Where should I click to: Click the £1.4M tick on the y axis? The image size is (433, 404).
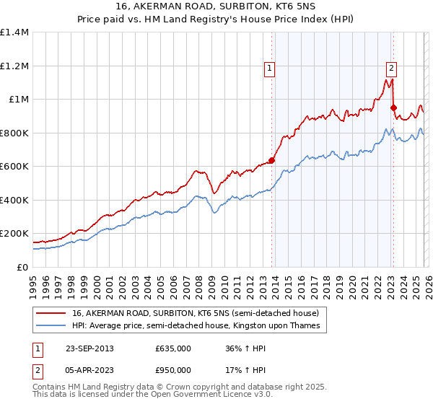click(x=14, y=32)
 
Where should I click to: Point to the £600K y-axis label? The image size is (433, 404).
click(x=14, y=166)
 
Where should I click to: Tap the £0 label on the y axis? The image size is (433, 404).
click(x=22, y=267)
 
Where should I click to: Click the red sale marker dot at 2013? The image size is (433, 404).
click(x=271, y=161)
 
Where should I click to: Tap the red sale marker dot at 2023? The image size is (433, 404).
click(x=393, y=108)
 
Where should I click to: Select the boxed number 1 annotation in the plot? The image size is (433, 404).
click(x=269, y=69)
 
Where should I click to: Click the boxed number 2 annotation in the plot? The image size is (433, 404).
click(x=391, y=69)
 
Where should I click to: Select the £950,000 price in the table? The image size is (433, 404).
click(x=172, y=369)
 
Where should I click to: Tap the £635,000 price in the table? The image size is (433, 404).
click(x=172, y=349)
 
